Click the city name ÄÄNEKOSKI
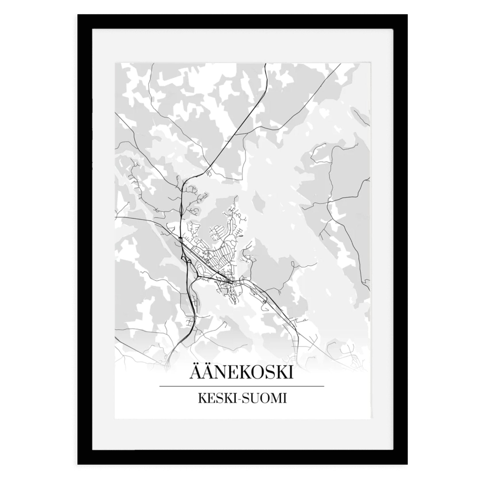pyautogui.click(x=241, y=373)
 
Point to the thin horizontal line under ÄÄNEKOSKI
pyautogui.click(x=241, y=386)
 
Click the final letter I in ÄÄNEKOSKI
pyautogui.click(x=291, y=373)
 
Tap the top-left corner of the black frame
pyautogui.click(x=78, y=15)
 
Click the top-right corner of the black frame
pyautogui.click(x=407, y=15)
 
